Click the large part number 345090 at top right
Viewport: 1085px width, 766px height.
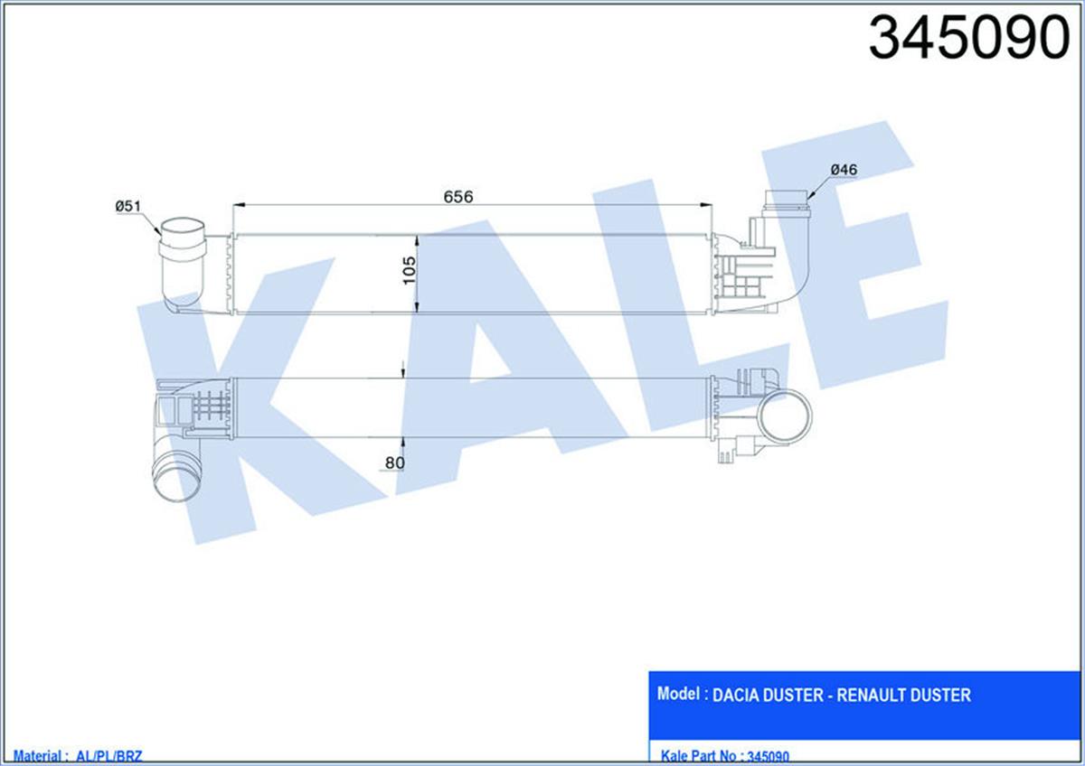[968, 38]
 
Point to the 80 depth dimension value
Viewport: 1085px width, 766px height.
[394, 463]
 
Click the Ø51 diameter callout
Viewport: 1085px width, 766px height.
[127, 207]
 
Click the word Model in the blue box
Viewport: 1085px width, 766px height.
[681, 695]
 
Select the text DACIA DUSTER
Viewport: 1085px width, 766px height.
[768, 696]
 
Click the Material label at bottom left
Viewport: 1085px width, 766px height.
[33, 756]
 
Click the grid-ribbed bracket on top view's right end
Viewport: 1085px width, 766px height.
[743, 276]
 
